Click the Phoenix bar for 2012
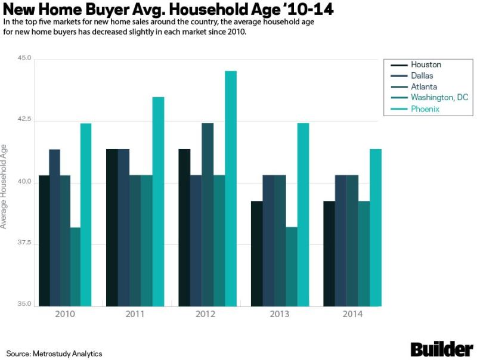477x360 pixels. pyautogui.click(x=231, y=188)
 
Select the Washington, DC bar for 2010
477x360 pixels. pyautogui.click(x=76, y=266)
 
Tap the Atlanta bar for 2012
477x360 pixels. pyautogui.click(x=207, y=215)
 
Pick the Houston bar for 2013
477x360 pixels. pyautogui.click(x=257, y=253)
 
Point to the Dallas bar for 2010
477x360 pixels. pyautogui.click(x=55, y=228)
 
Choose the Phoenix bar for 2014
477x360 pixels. pyautogui.click(x=376, y=228)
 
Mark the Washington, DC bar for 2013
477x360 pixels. pyautogui.click(x=292, y=266)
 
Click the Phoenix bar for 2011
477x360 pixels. pyautogui.click(x=158, y=201)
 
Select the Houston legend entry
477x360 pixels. pyautogui.click(x=416, y=64)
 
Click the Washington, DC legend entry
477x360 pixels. pyautogui.click(x=429, y=97)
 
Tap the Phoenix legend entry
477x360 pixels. pyautogui.click(x=415, y=109)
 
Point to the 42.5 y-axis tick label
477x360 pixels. pyautogui.click(x=24, y=119)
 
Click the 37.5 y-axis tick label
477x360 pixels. pyautogui.click(x=24, y=243)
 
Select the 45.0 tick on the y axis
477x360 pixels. pyautogui.click(x=24, y=58)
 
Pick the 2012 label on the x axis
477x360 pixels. pyautogui.click(x=205, y=314)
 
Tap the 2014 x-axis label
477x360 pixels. pyautogui.click(x=352, y=314)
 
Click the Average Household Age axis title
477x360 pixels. pyautogui.click(x=4, y=187)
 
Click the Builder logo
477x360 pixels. pyautogui.click(x=442, y=349)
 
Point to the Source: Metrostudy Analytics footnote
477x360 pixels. pyautogui.click(x=54, y=353)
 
